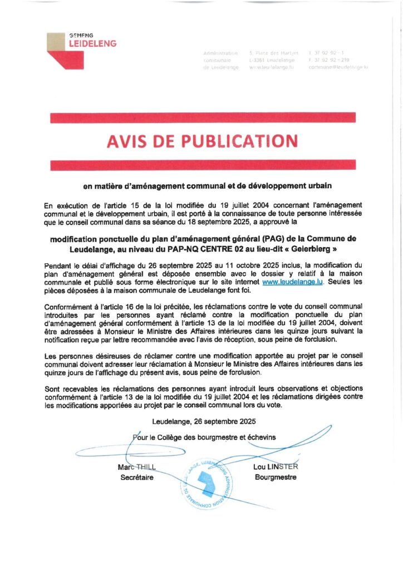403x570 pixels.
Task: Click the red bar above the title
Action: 203,117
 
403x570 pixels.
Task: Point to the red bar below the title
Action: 203,165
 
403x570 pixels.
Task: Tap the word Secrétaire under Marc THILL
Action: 136,477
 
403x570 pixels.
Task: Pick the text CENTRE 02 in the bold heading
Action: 215,247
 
